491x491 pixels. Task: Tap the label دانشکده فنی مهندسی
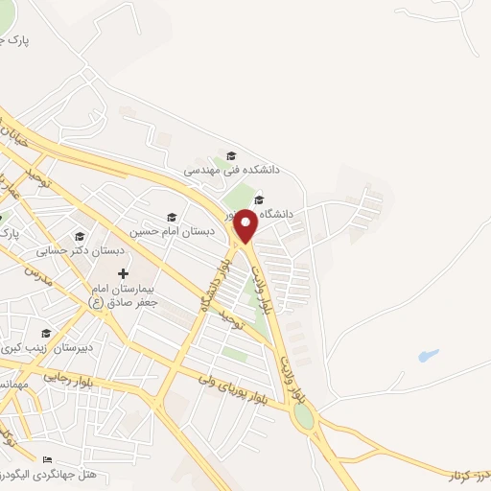click(x=232, y=169)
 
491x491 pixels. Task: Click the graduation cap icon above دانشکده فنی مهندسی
click(x=230, y=155)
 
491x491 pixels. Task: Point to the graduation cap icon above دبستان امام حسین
click(x=172, y=217)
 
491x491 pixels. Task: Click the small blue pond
click(x=428, y=356)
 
